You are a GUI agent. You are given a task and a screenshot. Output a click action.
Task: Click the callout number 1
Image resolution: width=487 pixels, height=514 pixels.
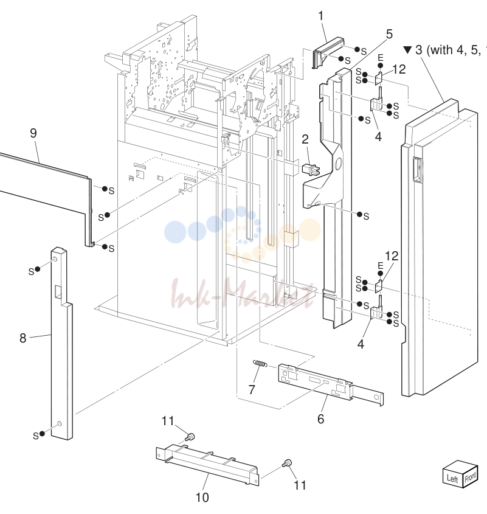tap(321, 16)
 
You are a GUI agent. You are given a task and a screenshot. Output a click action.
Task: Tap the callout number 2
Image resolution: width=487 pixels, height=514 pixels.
tap(305, 139)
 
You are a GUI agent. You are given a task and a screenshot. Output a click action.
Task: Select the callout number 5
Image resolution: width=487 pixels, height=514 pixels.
tap(389, 34)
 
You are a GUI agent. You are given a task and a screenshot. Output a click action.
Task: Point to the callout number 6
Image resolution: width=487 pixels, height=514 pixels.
tap(321, 418)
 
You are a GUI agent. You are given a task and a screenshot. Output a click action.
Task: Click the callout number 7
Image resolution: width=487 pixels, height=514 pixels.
tap(252, 389)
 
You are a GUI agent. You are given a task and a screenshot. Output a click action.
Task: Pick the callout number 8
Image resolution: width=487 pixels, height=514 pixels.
tap(22, 338)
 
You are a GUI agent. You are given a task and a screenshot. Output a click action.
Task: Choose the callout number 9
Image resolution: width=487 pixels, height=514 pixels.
tap(33, 133)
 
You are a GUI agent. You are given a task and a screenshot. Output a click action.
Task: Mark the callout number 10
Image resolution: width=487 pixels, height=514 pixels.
tap(202, 498)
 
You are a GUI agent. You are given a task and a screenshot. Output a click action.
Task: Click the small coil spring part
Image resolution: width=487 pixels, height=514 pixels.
tap(260, 363)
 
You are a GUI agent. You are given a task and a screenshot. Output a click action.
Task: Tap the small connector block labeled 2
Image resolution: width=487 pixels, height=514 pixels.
tap(311, 169)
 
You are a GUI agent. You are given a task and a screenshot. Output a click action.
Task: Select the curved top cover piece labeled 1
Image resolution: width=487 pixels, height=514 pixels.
tap(326, 52)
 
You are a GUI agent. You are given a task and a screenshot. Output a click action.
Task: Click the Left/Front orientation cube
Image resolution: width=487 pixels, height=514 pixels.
tap(460, 474)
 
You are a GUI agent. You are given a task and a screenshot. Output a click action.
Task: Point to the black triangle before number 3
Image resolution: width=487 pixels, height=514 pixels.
tap(407, 49)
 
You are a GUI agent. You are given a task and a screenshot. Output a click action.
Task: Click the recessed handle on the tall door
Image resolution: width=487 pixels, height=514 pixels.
tap(417, 170)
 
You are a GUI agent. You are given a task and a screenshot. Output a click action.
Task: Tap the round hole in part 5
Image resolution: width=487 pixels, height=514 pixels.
tap(338, 162)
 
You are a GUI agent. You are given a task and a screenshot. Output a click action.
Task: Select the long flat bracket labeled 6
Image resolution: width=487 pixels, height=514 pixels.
tap(330, 384)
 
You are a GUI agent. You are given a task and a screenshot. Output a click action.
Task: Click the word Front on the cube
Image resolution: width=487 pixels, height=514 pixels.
tap(471, 478)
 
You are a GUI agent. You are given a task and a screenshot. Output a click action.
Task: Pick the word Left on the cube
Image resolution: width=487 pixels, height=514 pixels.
tap(452, 479)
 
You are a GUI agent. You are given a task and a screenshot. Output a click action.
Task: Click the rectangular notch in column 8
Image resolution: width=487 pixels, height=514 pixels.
tap(58, 292)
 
